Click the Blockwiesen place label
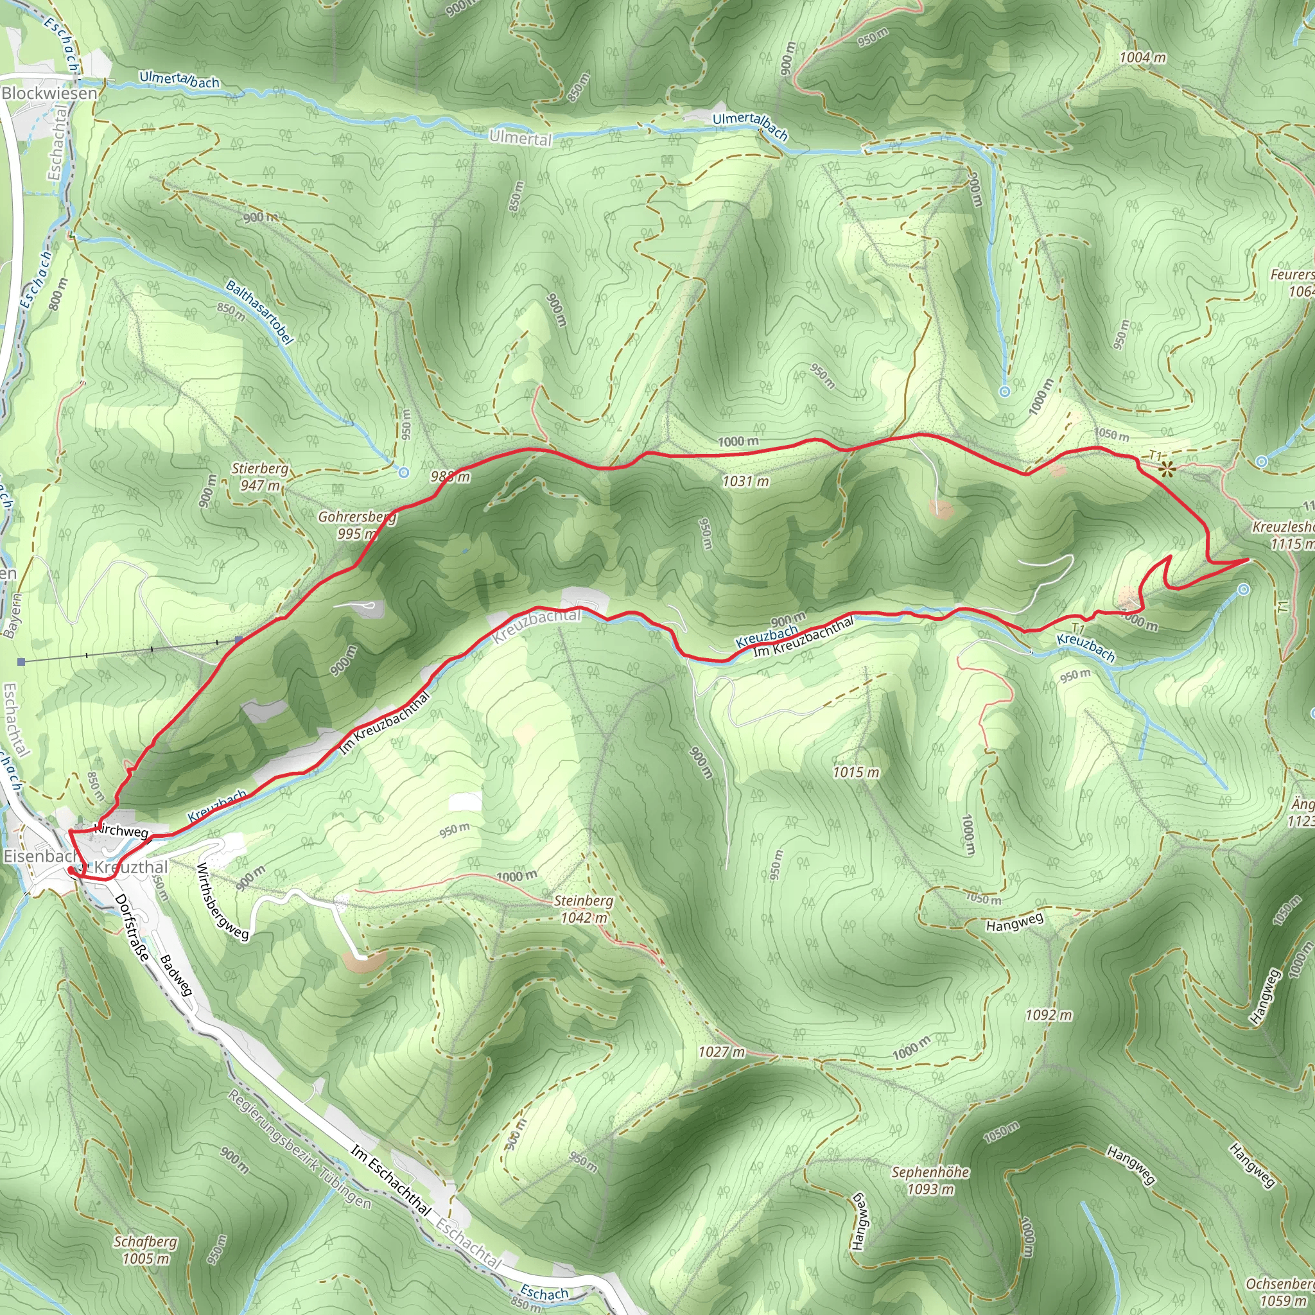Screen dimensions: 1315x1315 [49, 93]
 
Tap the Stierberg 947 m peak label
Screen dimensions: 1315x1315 [259, 477]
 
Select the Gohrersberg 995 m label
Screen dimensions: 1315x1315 [356, 525]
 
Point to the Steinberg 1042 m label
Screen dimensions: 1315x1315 [583, 909]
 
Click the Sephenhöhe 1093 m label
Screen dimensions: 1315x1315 [930, 1180]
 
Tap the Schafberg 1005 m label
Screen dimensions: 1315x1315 [145, 1250]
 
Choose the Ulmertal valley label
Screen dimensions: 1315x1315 [521, 138]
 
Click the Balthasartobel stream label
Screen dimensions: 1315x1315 [259, 313]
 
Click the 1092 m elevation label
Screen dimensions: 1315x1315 [1048, 1016]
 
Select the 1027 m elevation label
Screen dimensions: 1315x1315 [722, 1052]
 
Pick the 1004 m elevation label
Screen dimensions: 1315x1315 [1143, 58]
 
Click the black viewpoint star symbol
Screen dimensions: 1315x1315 [1167, 468]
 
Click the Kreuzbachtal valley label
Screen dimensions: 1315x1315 [537, 625]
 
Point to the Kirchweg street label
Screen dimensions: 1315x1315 [121, 830]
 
